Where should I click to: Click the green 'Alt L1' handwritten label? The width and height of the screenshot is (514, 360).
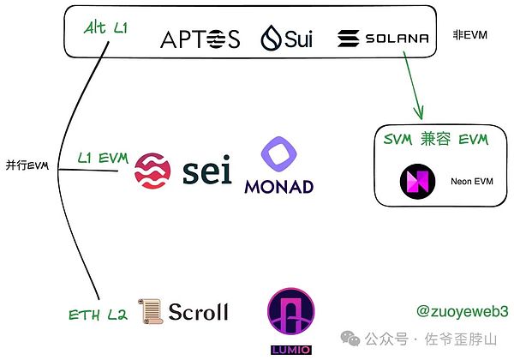(107, 28)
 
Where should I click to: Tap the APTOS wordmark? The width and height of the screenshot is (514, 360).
(200, 39)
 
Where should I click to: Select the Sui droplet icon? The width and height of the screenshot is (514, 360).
(272, 39)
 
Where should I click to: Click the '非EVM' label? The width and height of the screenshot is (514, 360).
(470, 36)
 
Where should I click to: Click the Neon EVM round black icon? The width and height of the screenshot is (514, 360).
(417, 181)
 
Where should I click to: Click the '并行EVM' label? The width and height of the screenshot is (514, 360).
(25, 165)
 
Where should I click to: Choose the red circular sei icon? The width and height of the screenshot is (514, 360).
(153, 170)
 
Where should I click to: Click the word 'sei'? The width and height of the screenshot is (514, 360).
(206, 171)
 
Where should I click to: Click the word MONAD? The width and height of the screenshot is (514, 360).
(278, 186)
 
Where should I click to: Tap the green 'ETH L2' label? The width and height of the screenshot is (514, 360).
(98, 315)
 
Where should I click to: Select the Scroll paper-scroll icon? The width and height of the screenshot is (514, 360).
(149, 310)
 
